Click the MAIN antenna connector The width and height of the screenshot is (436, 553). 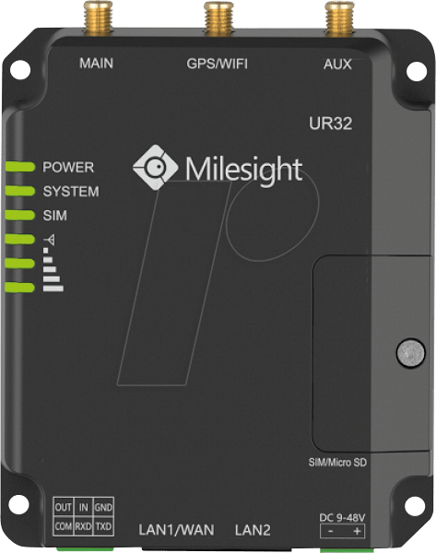click(x=99, y=18)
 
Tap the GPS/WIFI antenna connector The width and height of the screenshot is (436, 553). click(x=219, y=18)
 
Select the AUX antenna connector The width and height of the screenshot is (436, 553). click(x=339, y=18)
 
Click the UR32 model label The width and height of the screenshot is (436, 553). click(x=331, y=124)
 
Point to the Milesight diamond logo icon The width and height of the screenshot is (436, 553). click(x=155, y=167)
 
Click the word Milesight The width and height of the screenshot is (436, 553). click(x=244, y=170)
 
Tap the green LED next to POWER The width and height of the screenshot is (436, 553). click(x=20, y=167)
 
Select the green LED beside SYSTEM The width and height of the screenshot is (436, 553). click(x=20, y=191)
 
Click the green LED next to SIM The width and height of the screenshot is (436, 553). click(x=20, y=215)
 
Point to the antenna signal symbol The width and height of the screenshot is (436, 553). click(x=51, y=240)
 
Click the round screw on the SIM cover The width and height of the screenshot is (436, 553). click(x=410, y=353)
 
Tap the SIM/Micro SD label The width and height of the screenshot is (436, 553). click(x=337, y=462)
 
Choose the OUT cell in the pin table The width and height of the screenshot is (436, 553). click(x=64, y=507)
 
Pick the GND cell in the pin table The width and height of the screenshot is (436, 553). click(x=103, y=507)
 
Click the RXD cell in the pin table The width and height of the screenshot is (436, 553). click(x=83, y=526)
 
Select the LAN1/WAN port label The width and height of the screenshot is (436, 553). click(x=176, y=530)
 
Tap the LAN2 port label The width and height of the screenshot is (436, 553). click(x=253, y=530)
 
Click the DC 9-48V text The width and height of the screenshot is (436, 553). click(x=342, y=518)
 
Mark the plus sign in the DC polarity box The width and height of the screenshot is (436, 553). click(x=357, y=531)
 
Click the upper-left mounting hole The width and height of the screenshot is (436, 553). click(x=20, y=69)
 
